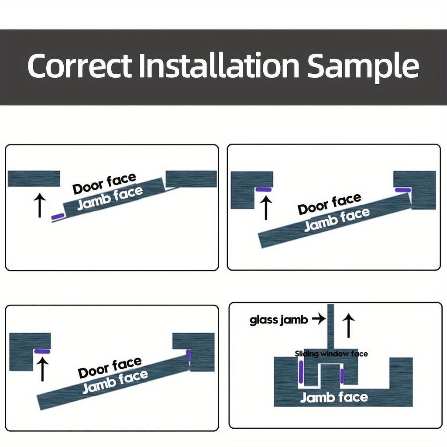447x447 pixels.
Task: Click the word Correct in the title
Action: pos(79,66)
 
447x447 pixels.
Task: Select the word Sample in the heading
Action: pos(363,67)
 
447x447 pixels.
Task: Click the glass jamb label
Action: pos(279,320)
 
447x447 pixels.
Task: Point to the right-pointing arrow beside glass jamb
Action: pos(319,320)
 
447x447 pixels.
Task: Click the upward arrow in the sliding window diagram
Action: pos(348,325)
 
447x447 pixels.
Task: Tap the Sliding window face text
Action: pos(331,354)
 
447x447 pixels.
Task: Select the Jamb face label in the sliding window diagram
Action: pos(334,397)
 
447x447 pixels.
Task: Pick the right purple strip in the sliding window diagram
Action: pos(342,376)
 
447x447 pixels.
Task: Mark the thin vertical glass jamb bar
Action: pos(330,325)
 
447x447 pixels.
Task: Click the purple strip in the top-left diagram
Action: pos(58,217)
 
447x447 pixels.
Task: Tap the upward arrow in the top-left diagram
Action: pos(40,206)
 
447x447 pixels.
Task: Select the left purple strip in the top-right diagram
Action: pos(264,189)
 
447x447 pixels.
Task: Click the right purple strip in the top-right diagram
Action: pos(402,190)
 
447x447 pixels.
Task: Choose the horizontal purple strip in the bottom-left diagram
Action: pos(42,351)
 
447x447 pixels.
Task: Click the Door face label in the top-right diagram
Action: pos(330,204)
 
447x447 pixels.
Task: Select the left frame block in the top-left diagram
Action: pos(34,179)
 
